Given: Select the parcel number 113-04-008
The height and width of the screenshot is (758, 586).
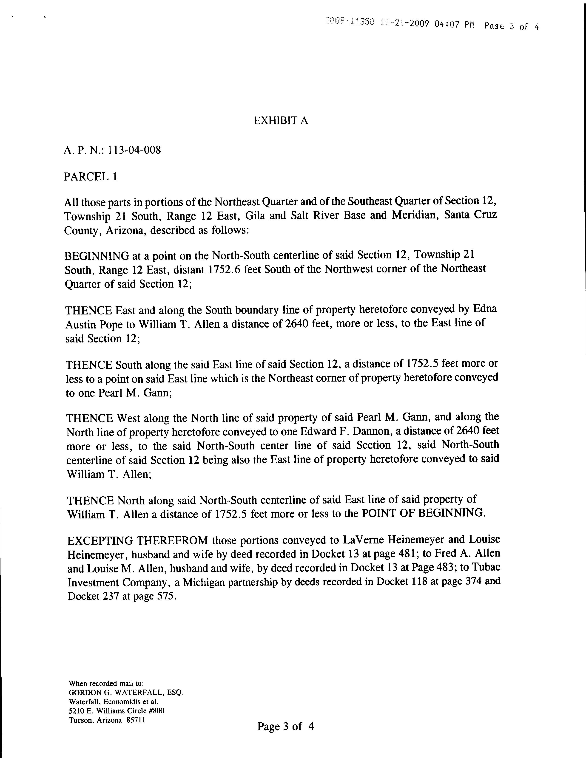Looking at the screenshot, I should pos(134,150).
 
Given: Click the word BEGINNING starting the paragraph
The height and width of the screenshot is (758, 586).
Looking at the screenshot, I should pos(97,256).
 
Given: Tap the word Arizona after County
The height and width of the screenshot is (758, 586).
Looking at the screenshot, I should pos(125,230).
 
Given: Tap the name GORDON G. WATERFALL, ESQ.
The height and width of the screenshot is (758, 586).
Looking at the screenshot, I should pos(126,692).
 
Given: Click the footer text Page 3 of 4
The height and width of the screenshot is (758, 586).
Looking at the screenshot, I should pos(285,726).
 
